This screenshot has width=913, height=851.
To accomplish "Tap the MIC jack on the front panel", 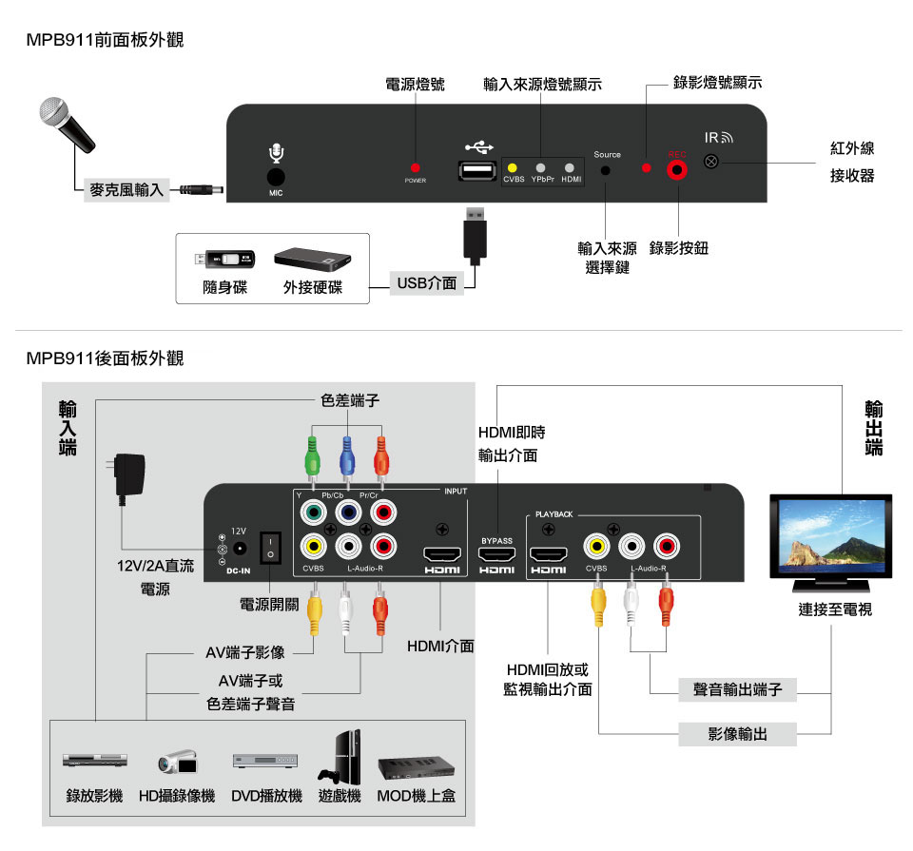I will coord(276,176).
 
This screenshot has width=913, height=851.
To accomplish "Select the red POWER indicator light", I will coord(416,167).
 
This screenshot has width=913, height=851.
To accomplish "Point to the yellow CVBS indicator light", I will coord(514,167).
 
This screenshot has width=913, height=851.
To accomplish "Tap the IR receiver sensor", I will coord(710,163).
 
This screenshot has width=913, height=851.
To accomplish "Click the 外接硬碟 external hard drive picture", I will coord(313,259).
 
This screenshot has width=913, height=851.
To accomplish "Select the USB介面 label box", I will coord(427,283).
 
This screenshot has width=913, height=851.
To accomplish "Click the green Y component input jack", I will coord(311,513).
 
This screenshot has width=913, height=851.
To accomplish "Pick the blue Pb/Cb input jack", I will coord(347,513).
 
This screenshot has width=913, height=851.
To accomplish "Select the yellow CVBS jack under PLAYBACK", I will coord(596,547).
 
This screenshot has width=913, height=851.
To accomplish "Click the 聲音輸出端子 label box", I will coord(737,689).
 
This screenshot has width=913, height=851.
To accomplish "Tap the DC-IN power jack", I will coord(240,549).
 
